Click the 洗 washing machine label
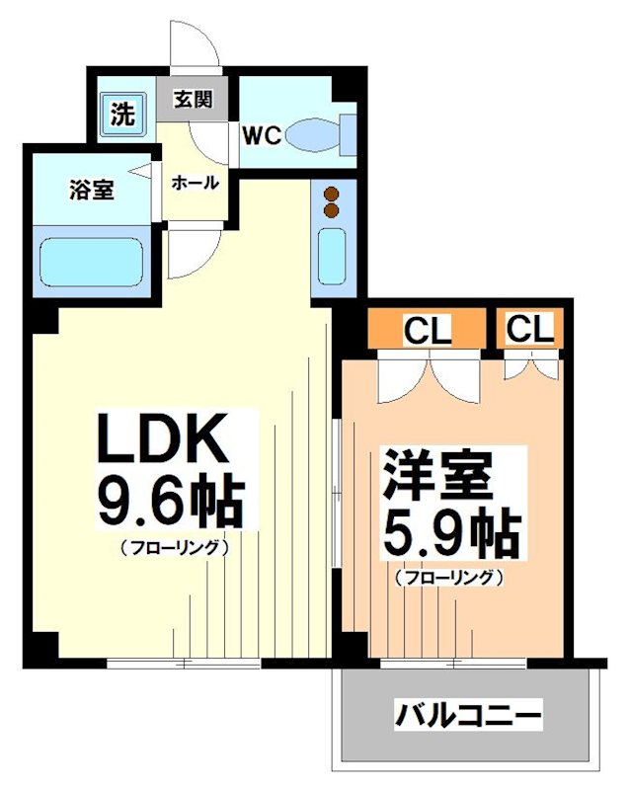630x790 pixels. tap(121, 115)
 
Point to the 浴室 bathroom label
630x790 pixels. tap(92, 190)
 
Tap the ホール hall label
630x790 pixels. tap(195, 183)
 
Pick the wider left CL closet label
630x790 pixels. tap(428, 330)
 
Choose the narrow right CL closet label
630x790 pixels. tap(530, 330)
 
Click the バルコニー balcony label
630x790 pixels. tap(469, 713)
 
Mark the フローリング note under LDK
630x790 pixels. tap(175, 546)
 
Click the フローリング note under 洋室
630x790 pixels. tap(449, 578)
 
